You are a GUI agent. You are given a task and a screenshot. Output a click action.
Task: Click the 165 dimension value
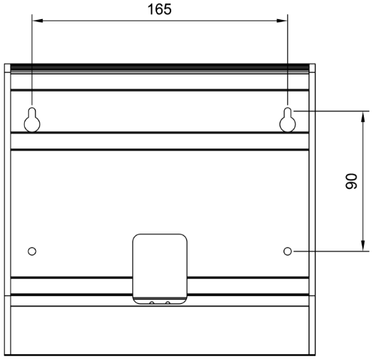coord(159,9)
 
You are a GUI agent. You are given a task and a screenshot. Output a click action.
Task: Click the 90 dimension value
coord(351,181)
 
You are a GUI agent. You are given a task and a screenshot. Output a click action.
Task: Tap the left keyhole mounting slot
coord(32,119)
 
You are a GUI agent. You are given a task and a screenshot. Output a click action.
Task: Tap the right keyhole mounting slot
coord(288,119)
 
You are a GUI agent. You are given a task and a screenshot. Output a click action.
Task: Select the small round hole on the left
coord(32,251)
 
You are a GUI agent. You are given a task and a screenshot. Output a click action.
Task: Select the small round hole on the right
coord(288,251)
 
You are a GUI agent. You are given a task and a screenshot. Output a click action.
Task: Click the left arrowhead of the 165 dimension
coord(38,21)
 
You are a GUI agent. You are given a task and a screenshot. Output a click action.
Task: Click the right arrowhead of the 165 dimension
coord(282,21)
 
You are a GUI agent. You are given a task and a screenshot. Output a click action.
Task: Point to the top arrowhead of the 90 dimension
coord(363,116)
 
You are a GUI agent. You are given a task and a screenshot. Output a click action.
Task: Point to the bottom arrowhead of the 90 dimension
coord(363,246)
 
